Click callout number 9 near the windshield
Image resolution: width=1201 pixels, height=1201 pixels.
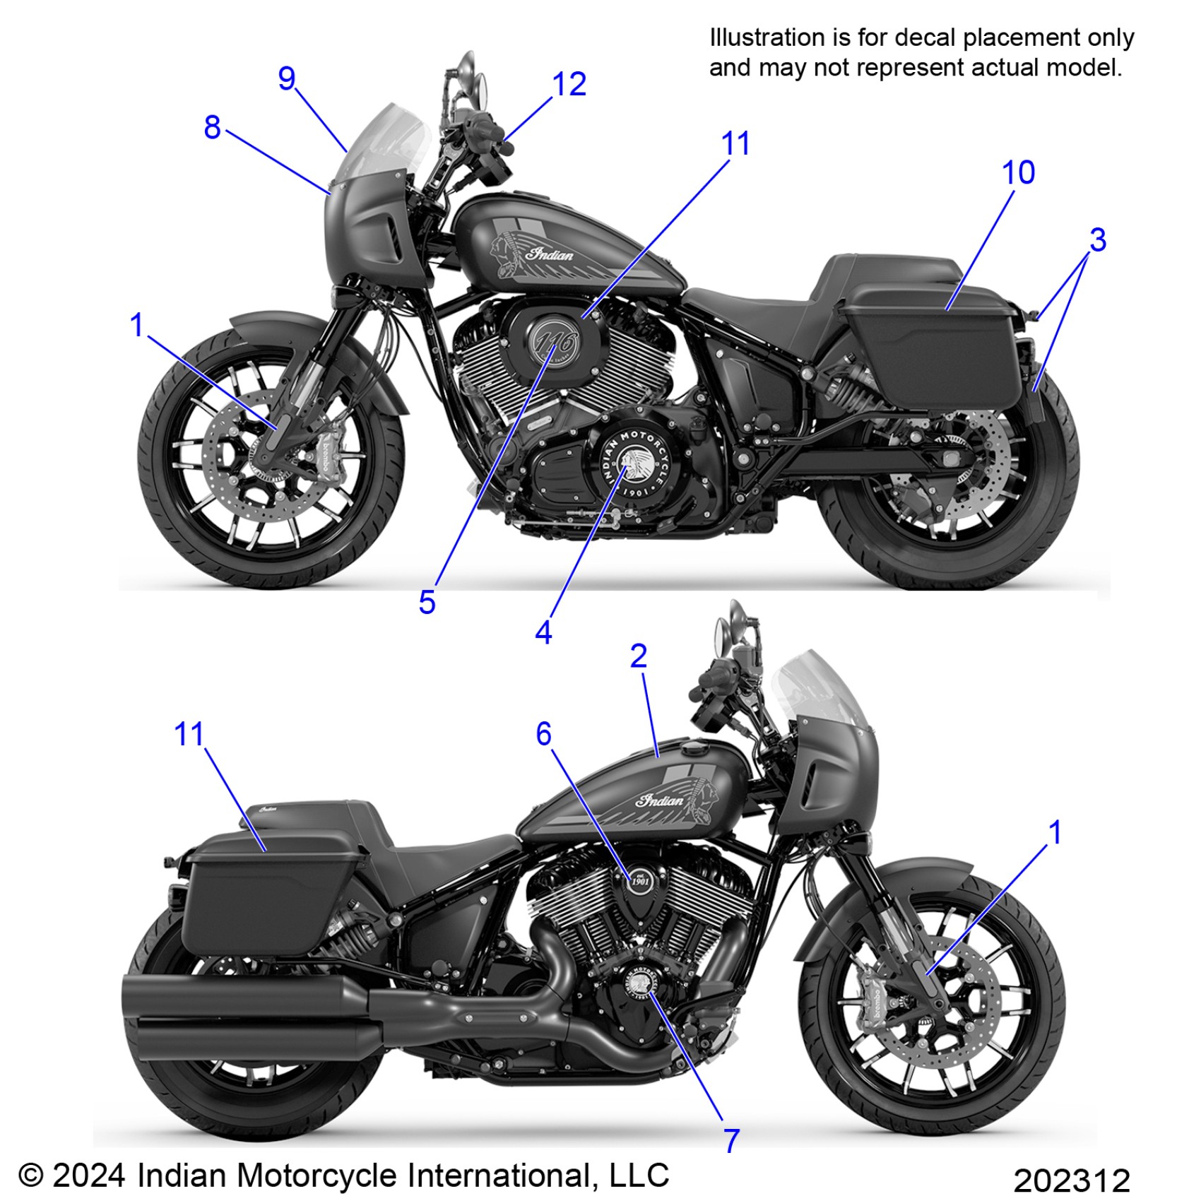pyautogui.click(x=286, y=78)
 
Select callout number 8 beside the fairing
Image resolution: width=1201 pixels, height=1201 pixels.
pyautogui.click(x=212, y=128)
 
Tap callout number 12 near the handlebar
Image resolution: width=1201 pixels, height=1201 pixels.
pyautogui.click(x=569, y=85)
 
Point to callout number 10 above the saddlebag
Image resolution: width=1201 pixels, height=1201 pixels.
pyautogui.click(x=1018, y=173)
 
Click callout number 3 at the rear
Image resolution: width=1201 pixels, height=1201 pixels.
pyautogui.click(x=1097, y=240)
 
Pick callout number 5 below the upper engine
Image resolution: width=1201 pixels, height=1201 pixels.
pyautogui.click(x=427, y=603)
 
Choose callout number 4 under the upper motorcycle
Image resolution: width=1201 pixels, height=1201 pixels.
pyautogui.click(x=543, y=633)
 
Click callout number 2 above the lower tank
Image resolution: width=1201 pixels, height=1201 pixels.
pyautogui.click(x=638, y=657)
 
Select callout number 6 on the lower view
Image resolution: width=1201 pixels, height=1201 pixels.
pyautogui.click(x=543, y=734)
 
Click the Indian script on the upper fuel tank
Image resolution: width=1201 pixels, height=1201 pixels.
pyautogui.click(x=551, y=254)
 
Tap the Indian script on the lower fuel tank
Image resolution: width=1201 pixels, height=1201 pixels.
pyautogui.click(x=661, y=800)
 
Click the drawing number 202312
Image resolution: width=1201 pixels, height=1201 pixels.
pyautogui.click(x=1071, y=1181)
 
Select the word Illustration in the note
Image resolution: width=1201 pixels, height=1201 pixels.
pyautogui.click(x=766, y=37)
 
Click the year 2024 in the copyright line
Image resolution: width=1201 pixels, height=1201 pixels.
pyautogui.click(x=89, y=1176)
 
